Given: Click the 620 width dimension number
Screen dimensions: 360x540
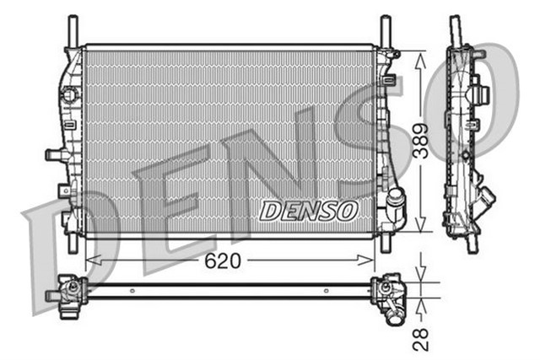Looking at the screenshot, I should [x=222, y=261].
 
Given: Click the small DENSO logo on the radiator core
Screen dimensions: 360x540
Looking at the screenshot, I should [x=308, y=211].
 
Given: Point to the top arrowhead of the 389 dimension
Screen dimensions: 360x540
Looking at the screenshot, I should [x=419, y=54].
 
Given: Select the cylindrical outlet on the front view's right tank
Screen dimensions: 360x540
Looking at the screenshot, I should [x=395, y=201].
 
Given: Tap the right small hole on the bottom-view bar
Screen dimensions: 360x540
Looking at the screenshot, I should [x=326, y=291].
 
